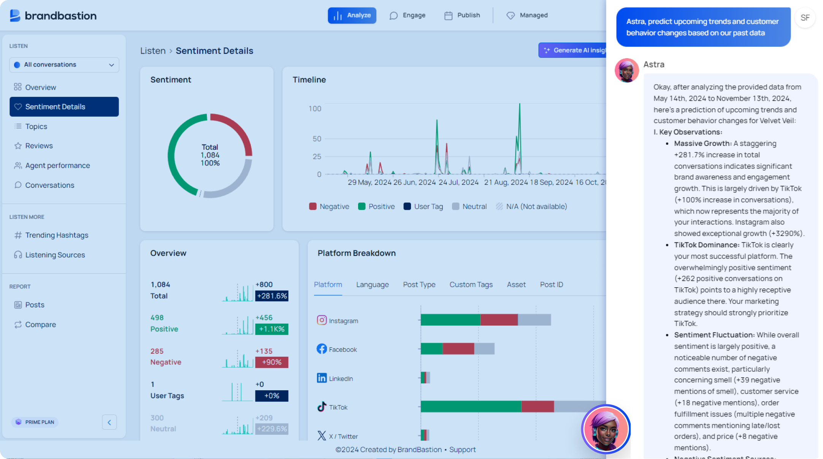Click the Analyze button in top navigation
352,16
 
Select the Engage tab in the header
408,16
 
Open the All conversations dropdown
64,65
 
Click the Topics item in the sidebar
36,127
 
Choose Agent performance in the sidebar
57,166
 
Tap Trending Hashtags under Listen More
57,235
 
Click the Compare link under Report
40,324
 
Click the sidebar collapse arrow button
109,422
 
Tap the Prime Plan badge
35,422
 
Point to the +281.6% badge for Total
271,296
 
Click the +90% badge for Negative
271,362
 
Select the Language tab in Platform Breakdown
372,285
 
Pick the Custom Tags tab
471,285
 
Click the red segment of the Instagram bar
499,320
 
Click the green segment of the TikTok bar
471,406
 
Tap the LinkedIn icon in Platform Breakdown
322,378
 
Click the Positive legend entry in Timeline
376,206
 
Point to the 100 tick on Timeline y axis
315,109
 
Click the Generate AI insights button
573,50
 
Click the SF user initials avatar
805,18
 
